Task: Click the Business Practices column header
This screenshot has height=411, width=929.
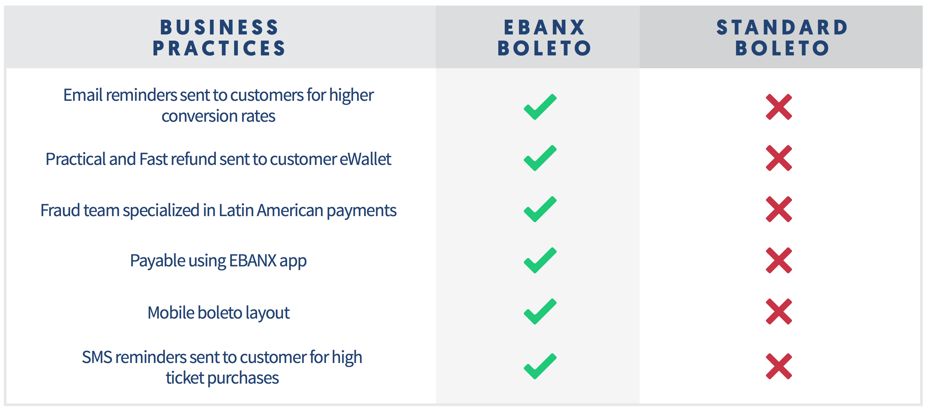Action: [x=219, y=38]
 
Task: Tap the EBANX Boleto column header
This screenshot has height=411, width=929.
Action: [x=544, y=38]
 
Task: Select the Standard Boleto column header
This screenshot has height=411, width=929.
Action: [x=782, y=38]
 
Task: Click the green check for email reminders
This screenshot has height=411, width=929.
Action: [x=540, y=107]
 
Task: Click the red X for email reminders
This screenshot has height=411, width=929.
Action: [x=779, y=107]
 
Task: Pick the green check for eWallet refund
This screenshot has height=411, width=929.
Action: [x=540, y=158]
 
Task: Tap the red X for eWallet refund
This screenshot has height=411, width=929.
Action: [x=779, y=158]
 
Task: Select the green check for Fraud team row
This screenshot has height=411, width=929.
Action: [x=540, y=209]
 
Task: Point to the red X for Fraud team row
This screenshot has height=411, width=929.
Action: [x=779, y=209]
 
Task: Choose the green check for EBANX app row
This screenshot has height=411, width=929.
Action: [x=540, y=260]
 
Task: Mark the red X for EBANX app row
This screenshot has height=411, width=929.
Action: [x=779, y=260]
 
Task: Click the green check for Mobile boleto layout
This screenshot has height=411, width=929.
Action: [x=540, y=311]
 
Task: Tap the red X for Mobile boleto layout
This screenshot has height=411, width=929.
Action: [x=779, y=311]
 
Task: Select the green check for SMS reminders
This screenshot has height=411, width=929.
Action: [x=540, y=366]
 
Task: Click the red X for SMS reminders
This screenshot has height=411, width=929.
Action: [x=779, y=366]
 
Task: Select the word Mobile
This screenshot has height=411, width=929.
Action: [x=171, y=312]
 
